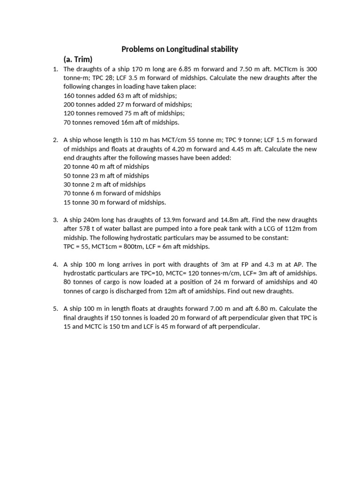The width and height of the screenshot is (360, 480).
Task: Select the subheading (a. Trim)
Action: pos(78,59)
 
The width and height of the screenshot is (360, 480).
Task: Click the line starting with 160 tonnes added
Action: pos(111,96)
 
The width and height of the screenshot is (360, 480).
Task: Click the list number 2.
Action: pos(55,140)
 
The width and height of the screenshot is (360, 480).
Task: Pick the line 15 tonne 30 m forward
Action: pos(114,202)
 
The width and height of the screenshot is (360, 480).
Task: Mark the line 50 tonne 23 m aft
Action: pos(106,175)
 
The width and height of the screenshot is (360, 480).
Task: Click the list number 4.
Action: pos(55,264)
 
